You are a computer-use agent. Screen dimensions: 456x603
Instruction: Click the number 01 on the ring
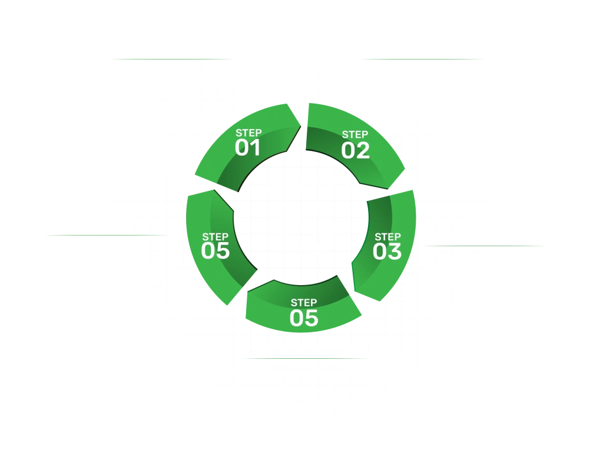tap(247, 148)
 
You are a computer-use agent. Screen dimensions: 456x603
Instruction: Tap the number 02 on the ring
tap(355, 151)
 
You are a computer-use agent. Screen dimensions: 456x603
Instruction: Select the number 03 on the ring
tap(387, 252)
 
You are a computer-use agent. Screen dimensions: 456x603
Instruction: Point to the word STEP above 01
tap(249, 133)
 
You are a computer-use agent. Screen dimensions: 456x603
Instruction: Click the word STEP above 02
tap(355, 135)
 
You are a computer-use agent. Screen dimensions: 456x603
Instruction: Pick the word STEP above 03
tap(387, 237)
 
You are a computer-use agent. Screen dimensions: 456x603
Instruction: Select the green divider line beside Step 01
tap(171, 59)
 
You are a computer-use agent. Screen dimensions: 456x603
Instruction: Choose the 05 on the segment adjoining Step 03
tap(304, 318)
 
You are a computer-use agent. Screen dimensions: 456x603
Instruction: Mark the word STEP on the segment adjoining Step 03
tap(304, 303)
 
